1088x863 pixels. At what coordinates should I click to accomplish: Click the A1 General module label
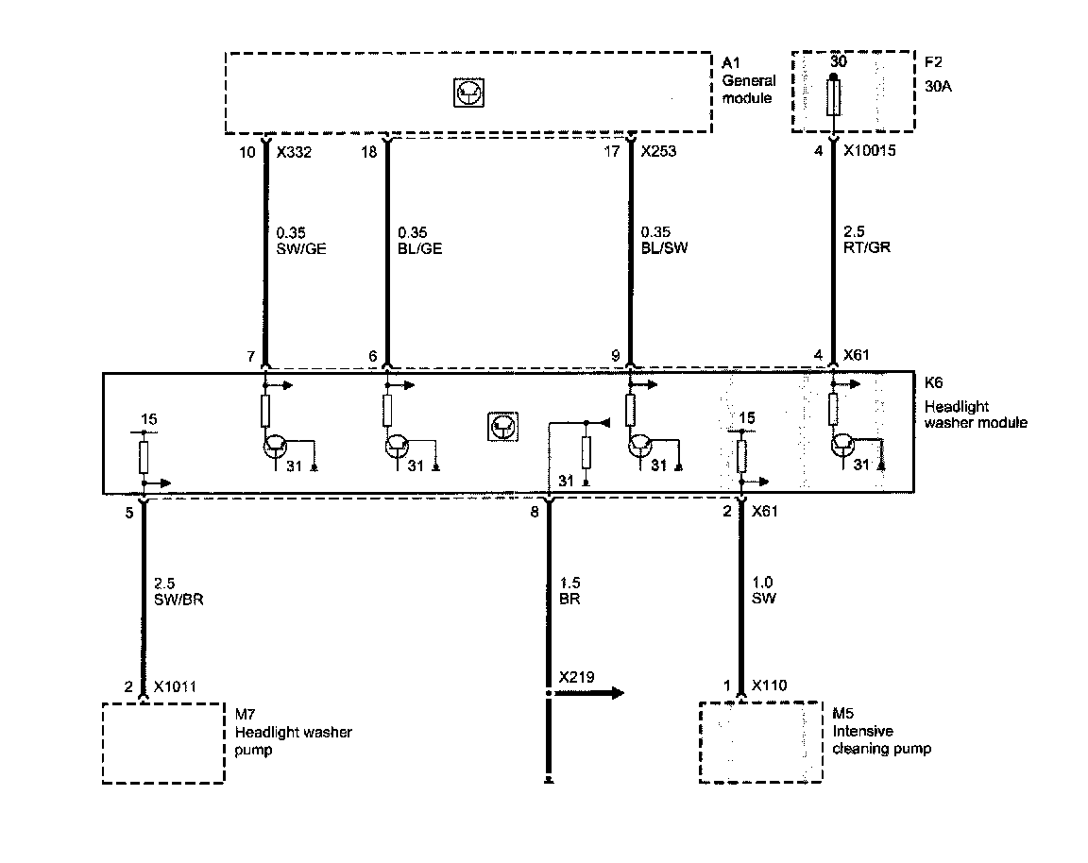[x=748, y=80]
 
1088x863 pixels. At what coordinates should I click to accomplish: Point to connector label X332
[x=292, y=151]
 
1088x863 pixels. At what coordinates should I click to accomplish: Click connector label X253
[x=659, y=151]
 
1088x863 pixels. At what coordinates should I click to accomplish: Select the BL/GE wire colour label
[x=419, y=249]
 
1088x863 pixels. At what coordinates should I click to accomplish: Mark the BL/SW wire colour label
[x=663, y=249]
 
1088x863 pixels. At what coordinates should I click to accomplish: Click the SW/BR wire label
[x=178, y=601]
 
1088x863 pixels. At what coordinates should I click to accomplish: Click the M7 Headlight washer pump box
[x=163, y=742]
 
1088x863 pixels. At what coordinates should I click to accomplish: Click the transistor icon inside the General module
[x=467, y=93]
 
